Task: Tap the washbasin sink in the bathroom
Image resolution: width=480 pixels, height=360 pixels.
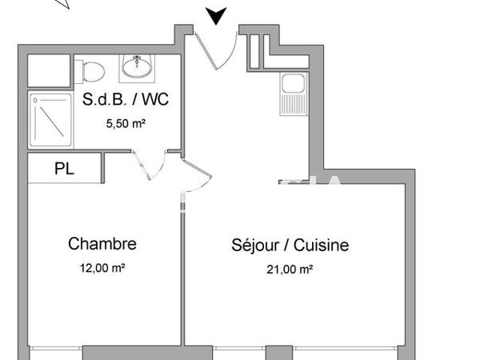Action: click(138, 67)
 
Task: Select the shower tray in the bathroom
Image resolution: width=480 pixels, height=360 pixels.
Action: click(51, 120)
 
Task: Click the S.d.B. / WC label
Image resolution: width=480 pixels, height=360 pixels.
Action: click(124, 101)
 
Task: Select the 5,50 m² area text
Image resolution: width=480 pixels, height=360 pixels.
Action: click(124, 124)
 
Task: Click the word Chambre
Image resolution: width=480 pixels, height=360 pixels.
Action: click(102, 244)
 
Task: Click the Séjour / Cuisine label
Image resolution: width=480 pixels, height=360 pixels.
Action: click(290, 245)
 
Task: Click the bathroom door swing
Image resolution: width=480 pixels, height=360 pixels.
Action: click(142, 166)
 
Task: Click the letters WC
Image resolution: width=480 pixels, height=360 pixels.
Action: click(156, 101)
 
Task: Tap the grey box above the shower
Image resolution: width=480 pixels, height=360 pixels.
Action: click(50, 71)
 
